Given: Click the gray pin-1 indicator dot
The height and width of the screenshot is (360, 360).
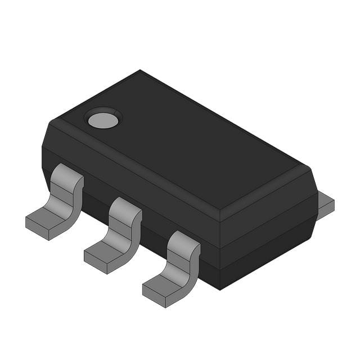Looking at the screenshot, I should point(103,119).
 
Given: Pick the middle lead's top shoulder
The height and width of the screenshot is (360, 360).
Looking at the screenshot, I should point(125,206).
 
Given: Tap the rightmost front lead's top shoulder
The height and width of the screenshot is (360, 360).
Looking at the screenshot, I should point(184,239).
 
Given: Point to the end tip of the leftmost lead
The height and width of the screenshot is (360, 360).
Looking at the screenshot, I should point(37,227).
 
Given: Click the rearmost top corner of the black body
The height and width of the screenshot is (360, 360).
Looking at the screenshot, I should point(140,71).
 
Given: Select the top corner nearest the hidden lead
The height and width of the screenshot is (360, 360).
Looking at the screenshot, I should point(311,168).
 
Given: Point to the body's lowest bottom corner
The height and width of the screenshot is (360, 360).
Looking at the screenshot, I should point(219,289).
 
